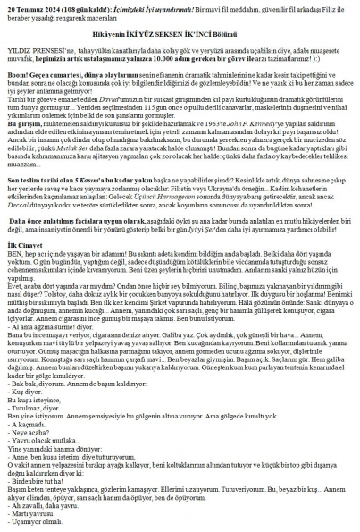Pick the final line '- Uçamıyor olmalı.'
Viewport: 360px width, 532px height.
[x=35, y=527]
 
